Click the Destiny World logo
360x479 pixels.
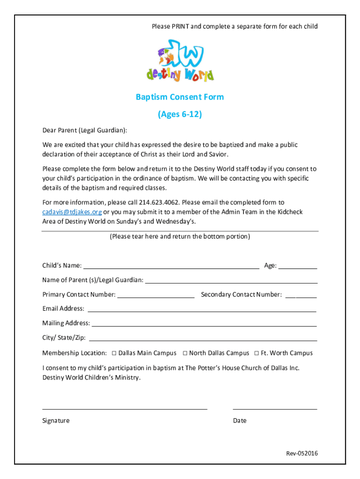pos(180,60)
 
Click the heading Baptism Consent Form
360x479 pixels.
pos(180,97)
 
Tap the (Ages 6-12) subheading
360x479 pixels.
pos(180,114)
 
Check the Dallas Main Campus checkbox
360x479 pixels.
pos(114,353)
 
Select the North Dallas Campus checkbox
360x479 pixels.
pos(185,353)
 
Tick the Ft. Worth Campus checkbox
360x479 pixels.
pos(257,353)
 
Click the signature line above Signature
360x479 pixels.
pos(125,408)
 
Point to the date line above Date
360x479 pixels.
pos(275,408)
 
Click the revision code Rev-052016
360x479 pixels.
pos(302,454)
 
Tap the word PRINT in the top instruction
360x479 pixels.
pos(180,27)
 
